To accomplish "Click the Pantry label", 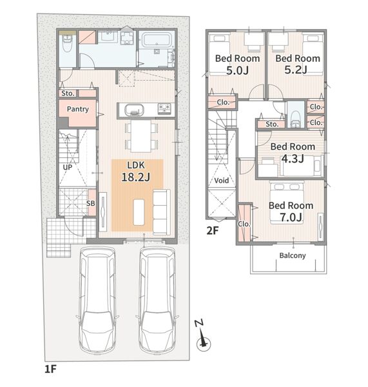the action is (x=78, y=109).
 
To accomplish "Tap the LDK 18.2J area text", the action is (x=136, y=172).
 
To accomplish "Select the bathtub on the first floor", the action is (x=156, y=39).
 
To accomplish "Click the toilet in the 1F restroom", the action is (x=67, y=43).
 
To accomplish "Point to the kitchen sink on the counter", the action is (x=134, y=110).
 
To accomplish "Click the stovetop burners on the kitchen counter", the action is (x=164, y=108).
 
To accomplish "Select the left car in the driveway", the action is (x=98, y=300).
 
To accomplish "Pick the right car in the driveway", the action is (x=157, y=300).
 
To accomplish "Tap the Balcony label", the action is (x=293, y=255).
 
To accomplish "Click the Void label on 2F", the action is (x=221, y=181).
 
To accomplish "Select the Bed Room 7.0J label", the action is (x=291, y=212).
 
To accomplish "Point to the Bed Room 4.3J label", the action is (x=293, y=152).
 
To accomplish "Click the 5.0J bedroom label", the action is (x=238, y=64).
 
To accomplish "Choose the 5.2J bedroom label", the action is (x=298, y=64).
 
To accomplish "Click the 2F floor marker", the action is (x=213, y=231).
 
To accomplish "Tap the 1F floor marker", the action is (x=50, y=369).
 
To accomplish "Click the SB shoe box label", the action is (x=90, y=203).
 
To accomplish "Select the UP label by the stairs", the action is (x=67, y=167).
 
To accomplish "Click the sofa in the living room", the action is (x=162, y=212).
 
